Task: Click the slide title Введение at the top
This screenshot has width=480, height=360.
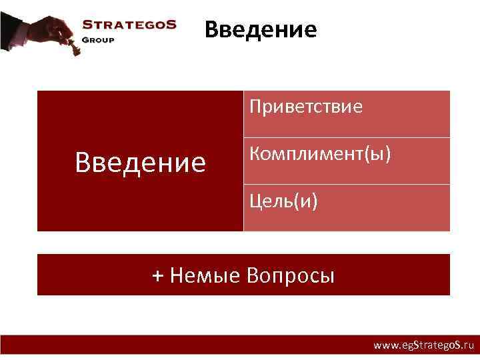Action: pyautogui.click(x=261, y=30)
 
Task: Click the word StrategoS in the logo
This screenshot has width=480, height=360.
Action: pyautogui.click(x=129, y=25)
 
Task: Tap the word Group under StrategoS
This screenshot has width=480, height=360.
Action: pyautogui.click(x=98, y=39)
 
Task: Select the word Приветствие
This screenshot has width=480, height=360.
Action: pyautogui.click(x=306, y=107)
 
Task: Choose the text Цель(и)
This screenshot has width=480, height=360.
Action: pyautogui.click(x=283, y=201)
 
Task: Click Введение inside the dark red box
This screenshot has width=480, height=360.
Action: pyautogui.click(x=141, y=162)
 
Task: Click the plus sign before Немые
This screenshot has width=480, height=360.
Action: pyautogui.click(x=157, y=275)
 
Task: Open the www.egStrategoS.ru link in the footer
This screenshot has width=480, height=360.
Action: pyautogui.click(x=423, y=345)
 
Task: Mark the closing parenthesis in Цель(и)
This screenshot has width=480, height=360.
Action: pyautogui.click(x=314, y=201)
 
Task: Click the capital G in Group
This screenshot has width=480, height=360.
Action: pyautogui.click(x=85, y=39)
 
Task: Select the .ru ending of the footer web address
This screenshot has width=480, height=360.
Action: pyautogui.click(x=466, y=345)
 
